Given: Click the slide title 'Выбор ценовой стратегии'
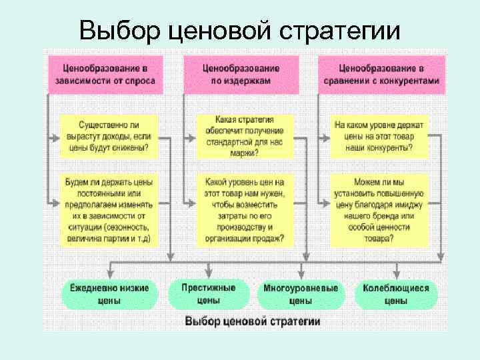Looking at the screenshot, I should [x=240, y=30].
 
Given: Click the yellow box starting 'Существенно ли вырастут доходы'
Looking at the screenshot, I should [x=109, y=136].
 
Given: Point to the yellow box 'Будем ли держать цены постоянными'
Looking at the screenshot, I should [x=109, y=210].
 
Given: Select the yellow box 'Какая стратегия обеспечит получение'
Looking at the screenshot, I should [x=245, y=136].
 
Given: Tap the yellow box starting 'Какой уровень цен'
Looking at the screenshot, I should [x=245, y=210].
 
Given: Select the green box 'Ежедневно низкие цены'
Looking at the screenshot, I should [x=109, y=294].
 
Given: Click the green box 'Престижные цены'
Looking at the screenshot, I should [x=209, y=294].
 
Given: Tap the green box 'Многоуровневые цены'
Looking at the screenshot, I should [x=301, y=294].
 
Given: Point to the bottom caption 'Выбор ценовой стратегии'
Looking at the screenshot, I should [x=253, y=321].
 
